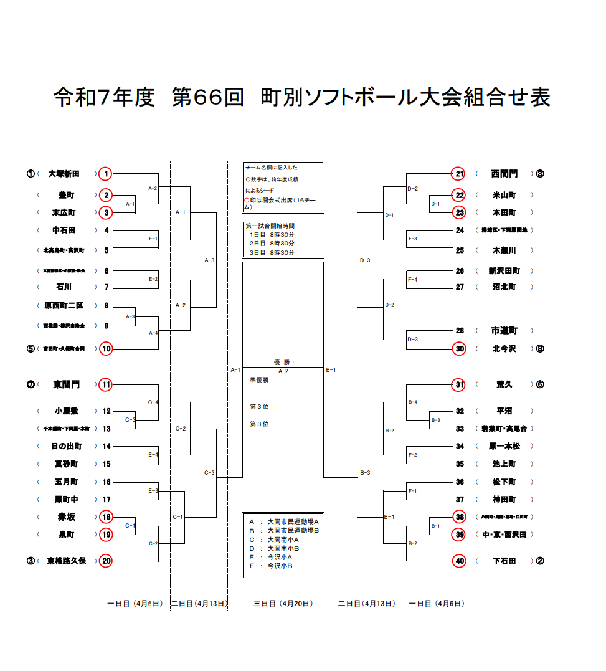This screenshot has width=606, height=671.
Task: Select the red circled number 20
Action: pos(107,561)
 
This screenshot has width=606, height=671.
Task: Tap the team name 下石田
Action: pos(504,561)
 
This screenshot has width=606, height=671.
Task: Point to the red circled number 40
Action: pos(460,561)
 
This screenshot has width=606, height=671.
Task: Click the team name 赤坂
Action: pos(66,516)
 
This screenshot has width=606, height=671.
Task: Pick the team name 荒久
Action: pos(504,384)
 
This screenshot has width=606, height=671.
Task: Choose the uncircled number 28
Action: pos(460,331)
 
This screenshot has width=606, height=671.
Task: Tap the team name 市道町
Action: pos(504,331)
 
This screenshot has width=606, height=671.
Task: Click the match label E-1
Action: pos(153,239)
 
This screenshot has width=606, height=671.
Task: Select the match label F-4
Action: pos(412,279)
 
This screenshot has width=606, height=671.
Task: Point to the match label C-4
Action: pos(153,402)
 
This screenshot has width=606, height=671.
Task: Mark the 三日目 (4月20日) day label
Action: pos(283,603)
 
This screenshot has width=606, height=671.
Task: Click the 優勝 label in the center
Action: pos(283,362)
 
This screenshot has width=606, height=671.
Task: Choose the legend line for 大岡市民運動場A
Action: pos(283,521)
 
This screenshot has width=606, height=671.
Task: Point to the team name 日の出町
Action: pos(67,446)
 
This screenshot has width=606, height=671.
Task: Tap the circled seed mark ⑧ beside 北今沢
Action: pos(539,349)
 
